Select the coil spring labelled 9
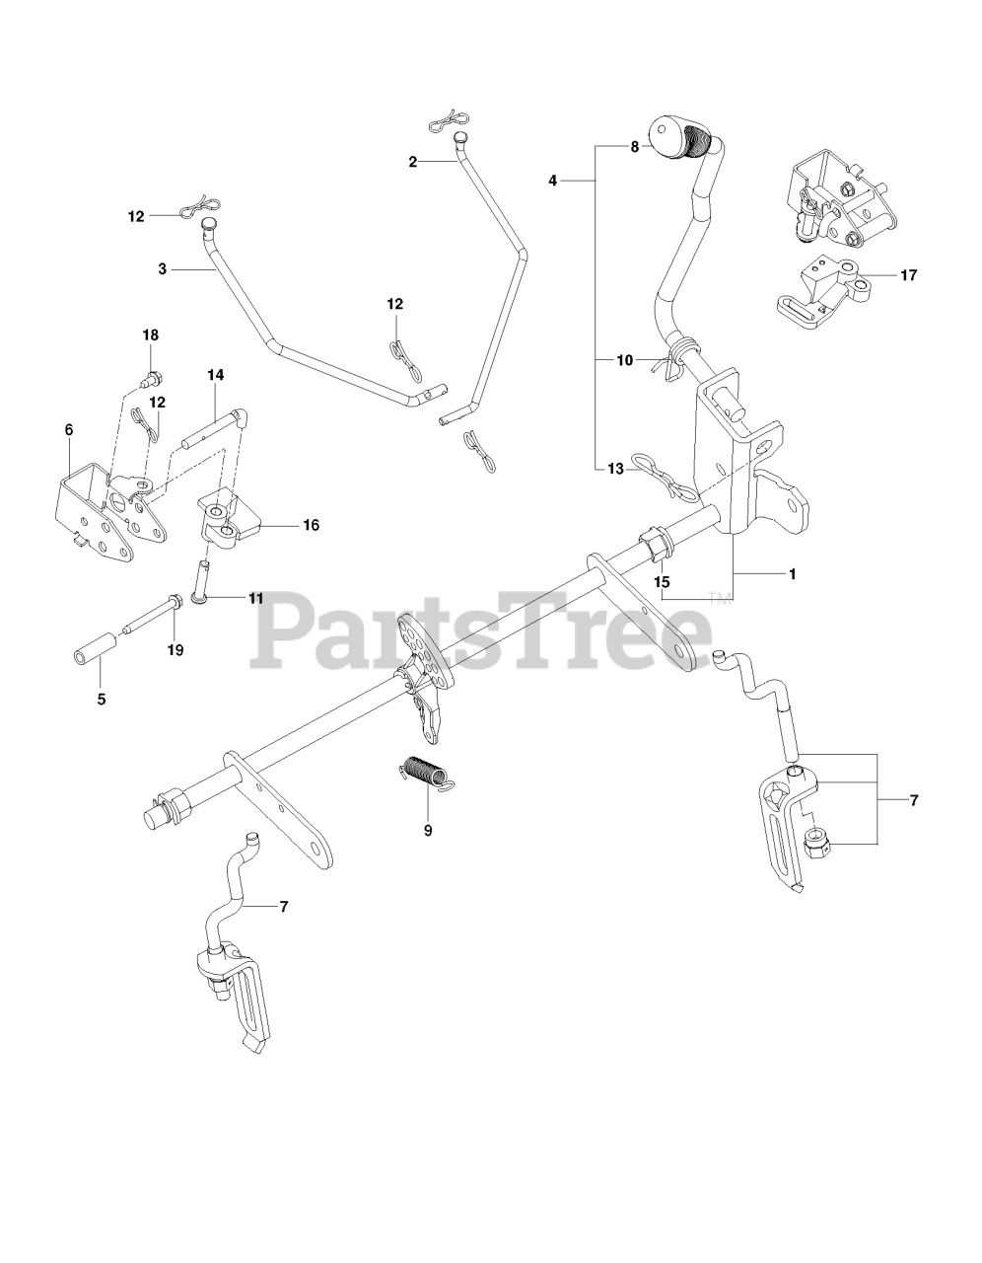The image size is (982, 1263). click(x=426, y=772)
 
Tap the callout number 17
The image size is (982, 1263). click(x=909, y=275)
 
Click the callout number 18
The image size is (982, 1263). click(x=151, y=335)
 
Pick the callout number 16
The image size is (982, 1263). click(x=311, y=525)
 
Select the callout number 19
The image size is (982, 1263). click(x=175, y=650)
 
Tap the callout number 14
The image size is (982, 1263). click(x=216, y=375)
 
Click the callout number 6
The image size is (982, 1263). click(x=69, y=430)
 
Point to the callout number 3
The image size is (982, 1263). click(x=162, y=269)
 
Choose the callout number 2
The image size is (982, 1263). click(x=412, y=162)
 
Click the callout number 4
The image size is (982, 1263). click(x=552, y=181)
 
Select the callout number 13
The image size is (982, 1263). click(x=615, y=469)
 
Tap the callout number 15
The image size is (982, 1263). click(x=662, y=582)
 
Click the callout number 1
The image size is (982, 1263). click(x=792, y=574)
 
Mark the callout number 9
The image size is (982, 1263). click(x=428, y=831)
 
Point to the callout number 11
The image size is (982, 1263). click(x=256, y=598)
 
